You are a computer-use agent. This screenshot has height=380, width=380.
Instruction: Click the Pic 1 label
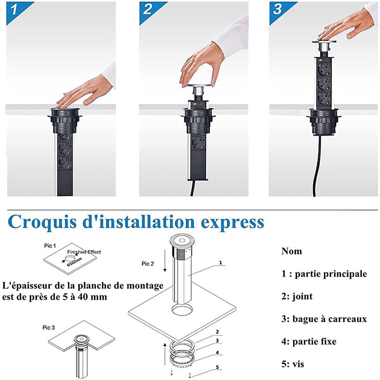50,246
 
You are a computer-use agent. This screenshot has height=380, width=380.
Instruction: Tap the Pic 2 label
148,264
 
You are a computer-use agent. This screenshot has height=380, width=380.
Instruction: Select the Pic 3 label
49,328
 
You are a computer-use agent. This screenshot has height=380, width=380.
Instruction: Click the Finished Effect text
84,252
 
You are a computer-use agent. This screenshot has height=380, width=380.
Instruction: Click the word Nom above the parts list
292,251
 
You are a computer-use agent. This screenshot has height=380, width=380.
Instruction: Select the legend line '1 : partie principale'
324,274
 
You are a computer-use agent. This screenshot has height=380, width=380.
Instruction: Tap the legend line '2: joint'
297,296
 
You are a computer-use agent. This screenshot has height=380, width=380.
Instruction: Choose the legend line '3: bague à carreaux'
324,319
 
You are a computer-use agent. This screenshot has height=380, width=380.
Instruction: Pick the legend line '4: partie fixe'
309,342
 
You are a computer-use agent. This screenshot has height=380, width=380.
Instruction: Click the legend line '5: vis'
293,364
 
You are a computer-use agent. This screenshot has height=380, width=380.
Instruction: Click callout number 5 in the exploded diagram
218,367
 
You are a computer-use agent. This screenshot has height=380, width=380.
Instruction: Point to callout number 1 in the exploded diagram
220,263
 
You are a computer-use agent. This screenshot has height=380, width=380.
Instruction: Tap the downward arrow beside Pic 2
165,261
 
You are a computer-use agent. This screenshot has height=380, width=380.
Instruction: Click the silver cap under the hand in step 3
324,46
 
